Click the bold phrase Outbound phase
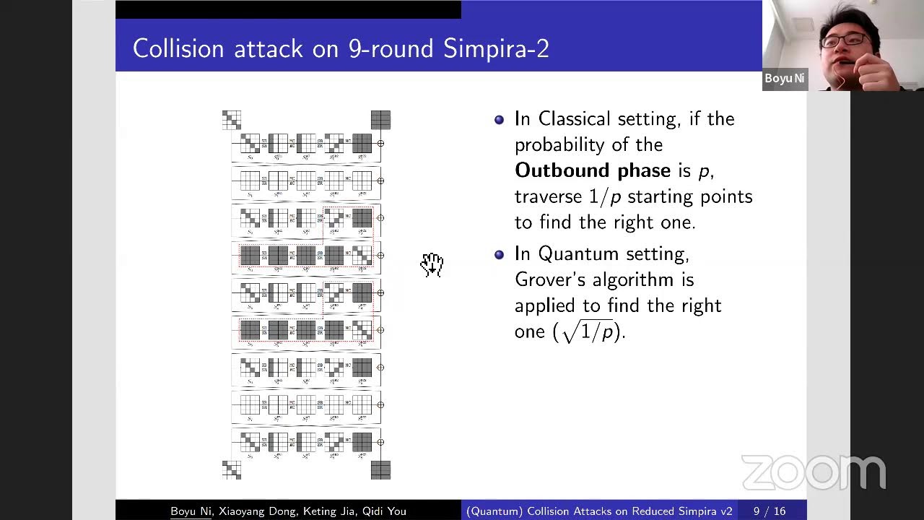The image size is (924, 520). pos(592,170)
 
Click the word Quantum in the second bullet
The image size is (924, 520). pos(577,253)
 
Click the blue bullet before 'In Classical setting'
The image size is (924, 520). pos(499,120)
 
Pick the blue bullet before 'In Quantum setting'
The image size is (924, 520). pos(499,255)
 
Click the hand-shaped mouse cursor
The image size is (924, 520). pos(432,265)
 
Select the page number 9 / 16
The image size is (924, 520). pos(770,511)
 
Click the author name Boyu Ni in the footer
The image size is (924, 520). pos(191,511)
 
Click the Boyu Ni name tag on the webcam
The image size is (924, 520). pos(784,79)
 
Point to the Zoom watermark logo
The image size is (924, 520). pos(813,473)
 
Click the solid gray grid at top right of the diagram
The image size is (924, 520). pos(380,120)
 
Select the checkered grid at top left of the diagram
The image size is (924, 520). pos(231,120)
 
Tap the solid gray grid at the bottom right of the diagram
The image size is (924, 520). pos(380,470)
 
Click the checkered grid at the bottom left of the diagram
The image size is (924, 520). pos(231,470)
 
